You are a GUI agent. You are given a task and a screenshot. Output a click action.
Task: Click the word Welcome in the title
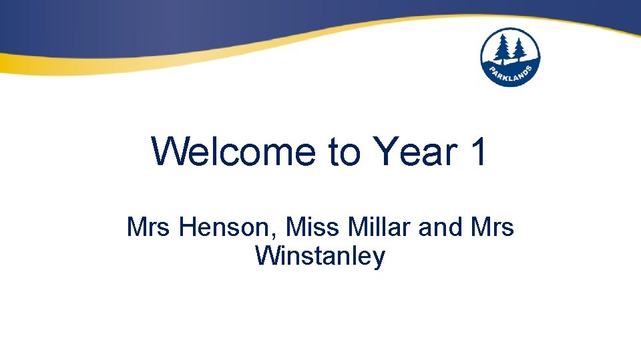234,152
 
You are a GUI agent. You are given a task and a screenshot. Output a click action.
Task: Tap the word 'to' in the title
345,152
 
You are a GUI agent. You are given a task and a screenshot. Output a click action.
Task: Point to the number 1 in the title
478,152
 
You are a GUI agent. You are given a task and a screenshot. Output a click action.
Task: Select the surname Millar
379,227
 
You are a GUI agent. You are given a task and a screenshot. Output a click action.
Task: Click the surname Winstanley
320,255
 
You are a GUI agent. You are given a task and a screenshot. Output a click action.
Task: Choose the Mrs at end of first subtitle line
493,227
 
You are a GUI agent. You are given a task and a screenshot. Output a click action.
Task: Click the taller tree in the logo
503,49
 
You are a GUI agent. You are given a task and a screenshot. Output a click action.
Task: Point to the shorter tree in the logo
519,52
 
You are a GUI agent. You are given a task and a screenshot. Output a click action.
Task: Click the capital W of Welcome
166,152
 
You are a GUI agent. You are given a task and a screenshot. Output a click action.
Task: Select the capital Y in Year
385,152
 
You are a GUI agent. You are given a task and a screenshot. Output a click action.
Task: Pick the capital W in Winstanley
266,255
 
